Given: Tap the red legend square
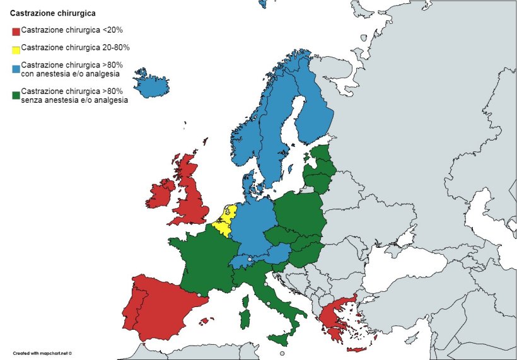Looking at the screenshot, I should tap(16, 31).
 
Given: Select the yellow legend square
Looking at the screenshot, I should tap(16, 49).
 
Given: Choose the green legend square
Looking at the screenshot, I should tap(16, 96).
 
